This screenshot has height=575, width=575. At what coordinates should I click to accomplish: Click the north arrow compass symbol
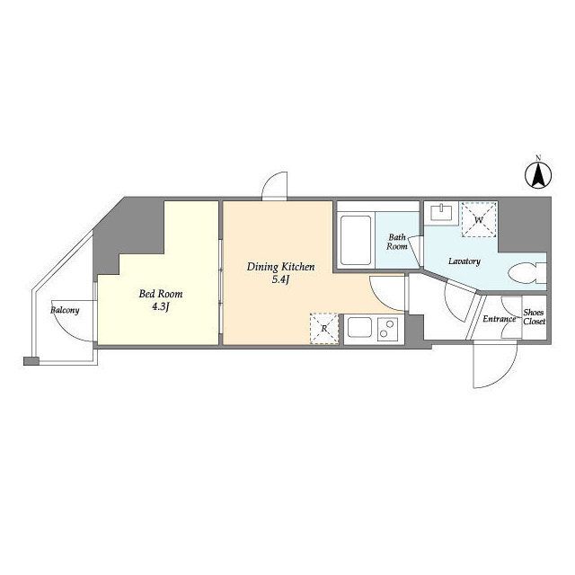538,175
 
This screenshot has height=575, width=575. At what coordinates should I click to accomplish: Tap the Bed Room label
161,294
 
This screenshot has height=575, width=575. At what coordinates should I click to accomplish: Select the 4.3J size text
161,307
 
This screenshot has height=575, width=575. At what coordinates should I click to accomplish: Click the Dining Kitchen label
280,267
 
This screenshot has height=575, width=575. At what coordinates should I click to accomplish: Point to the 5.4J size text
280,280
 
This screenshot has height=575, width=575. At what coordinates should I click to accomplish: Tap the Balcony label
65,310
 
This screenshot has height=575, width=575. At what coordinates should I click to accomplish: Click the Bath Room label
397,242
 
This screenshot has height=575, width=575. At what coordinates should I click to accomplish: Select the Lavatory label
464,261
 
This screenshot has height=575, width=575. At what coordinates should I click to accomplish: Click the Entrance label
500,319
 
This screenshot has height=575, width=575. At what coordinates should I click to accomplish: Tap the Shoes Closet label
534,317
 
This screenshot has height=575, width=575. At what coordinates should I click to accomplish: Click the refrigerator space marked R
324,328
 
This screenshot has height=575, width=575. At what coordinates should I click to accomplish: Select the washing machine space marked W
479,220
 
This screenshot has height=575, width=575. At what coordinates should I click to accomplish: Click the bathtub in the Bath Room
356,241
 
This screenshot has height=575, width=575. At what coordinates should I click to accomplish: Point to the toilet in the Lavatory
527,273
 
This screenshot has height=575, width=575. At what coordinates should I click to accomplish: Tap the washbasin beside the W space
441,213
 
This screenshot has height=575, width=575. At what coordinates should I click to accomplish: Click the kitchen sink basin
359,327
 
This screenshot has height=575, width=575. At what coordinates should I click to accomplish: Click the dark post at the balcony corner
31,361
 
